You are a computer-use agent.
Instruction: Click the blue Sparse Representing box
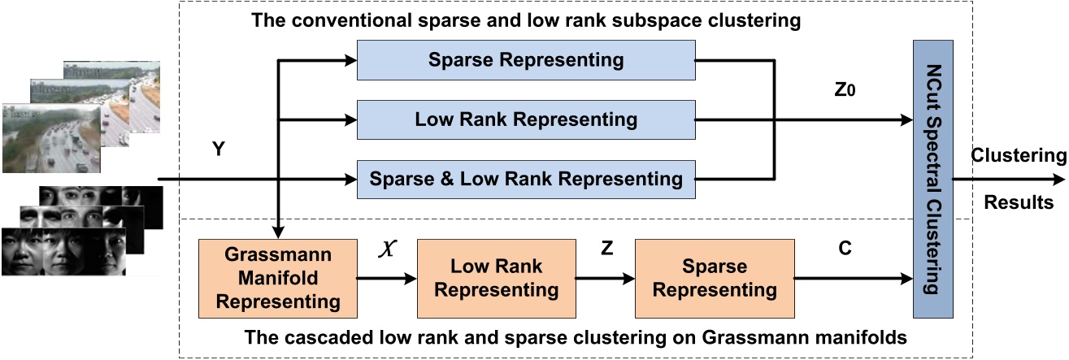pyautogui.click(x=527, y=60)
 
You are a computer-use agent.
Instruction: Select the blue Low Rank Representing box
pyautogui.click(x=527, y=119)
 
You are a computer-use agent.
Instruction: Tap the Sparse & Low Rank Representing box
pyautogui.click(x=527, y=178)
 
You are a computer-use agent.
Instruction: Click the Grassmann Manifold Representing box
pyautogui.click(x=278, y=277)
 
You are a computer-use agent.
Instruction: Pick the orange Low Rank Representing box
pyautogui.click(x=496, y=278)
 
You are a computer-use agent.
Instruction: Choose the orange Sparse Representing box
pyautogui.click(x=715, y=278)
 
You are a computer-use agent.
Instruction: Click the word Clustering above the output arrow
pyautogui.click(x=1019, y=155)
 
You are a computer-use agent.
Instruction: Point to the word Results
pyautogui.click(x=1019, y=202)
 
